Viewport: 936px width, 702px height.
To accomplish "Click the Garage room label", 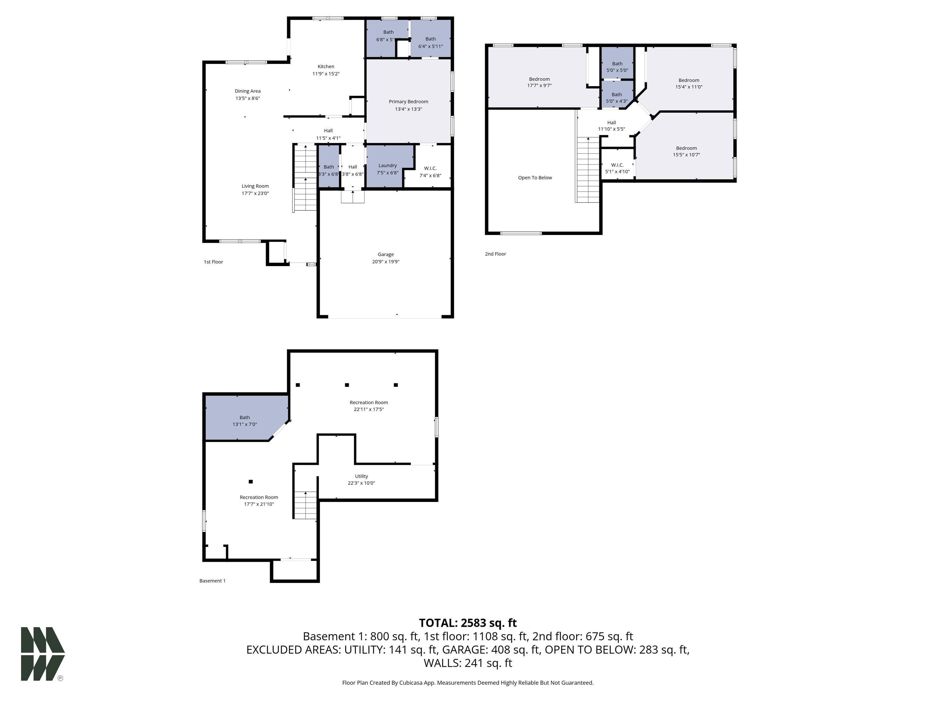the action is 385,254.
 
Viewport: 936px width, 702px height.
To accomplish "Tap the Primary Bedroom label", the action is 408,101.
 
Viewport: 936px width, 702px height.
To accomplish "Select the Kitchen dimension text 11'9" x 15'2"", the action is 326,74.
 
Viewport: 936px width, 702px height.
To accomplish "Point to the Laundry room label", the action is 388,165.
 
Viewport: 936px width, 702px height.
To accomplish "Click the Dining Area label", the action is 247,91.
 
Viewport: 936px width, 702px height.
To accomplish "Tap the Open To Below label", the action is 535,178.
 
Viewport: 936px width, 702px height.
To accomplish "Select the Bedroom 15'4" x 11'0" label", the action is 689,83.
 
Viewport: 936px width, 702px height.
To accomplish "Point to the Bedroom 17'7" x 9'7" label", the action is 540,82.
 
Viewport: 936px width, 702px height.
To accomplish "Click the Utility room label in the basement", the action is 361,476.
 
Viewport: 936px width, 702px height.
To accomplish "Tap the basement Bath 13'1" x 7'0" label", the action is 245,420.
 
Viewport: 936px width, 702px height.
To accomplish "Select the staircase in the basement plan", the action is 305,505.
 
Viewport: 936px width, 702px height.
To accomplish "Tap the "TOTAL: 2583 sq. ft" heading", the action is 468,623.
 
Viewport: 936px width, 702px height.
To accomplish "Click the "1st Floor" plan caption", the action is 213,262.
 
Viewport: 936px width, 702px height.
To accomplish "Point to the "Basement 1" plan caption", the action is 212,581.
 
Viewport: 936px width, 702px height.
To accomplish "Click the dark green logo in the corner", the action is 43,654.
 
